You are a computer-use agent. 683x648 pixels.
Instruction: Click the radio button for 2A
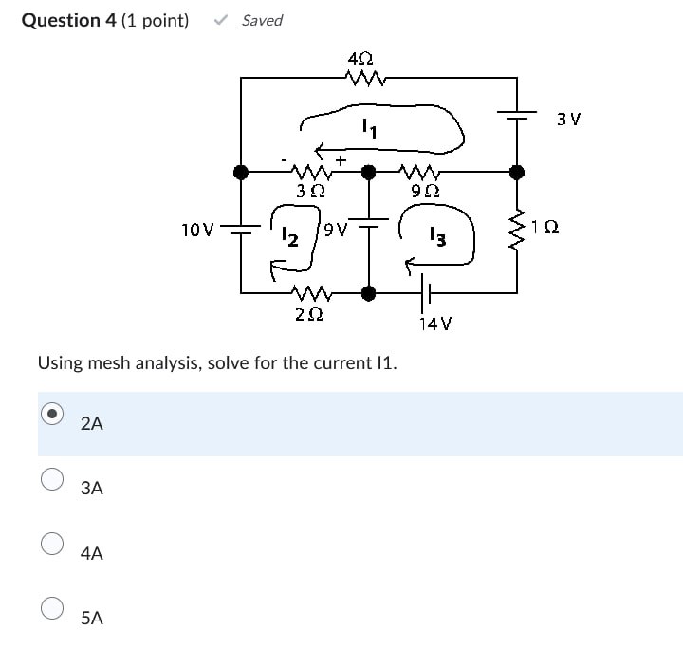[53, 414]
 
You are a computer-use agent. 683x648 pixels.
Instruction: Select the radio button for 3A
[53, 478]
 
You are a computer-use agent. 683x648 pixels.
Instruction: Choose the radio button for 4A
[53, 543]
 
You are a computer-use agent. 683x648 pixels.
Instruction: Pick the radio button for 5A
[53, 607]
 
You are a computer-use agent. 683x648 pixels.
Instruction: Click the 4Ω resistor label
[360, 59]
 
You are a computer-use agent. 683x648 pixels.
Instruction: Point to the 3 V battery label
[568, 120]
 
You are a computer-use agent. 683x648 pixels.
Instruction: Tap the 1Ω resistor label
[545, 228]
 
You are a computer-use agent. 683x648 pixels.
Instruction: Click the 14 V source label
[434, 324]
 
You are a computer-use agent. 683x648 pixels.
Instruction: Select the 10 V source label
[197, 229]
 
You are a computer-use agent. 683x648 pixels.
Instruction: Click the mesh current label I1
[368, 126]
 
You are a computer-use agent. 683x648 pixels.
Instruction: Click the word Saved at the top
[262, 20]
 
